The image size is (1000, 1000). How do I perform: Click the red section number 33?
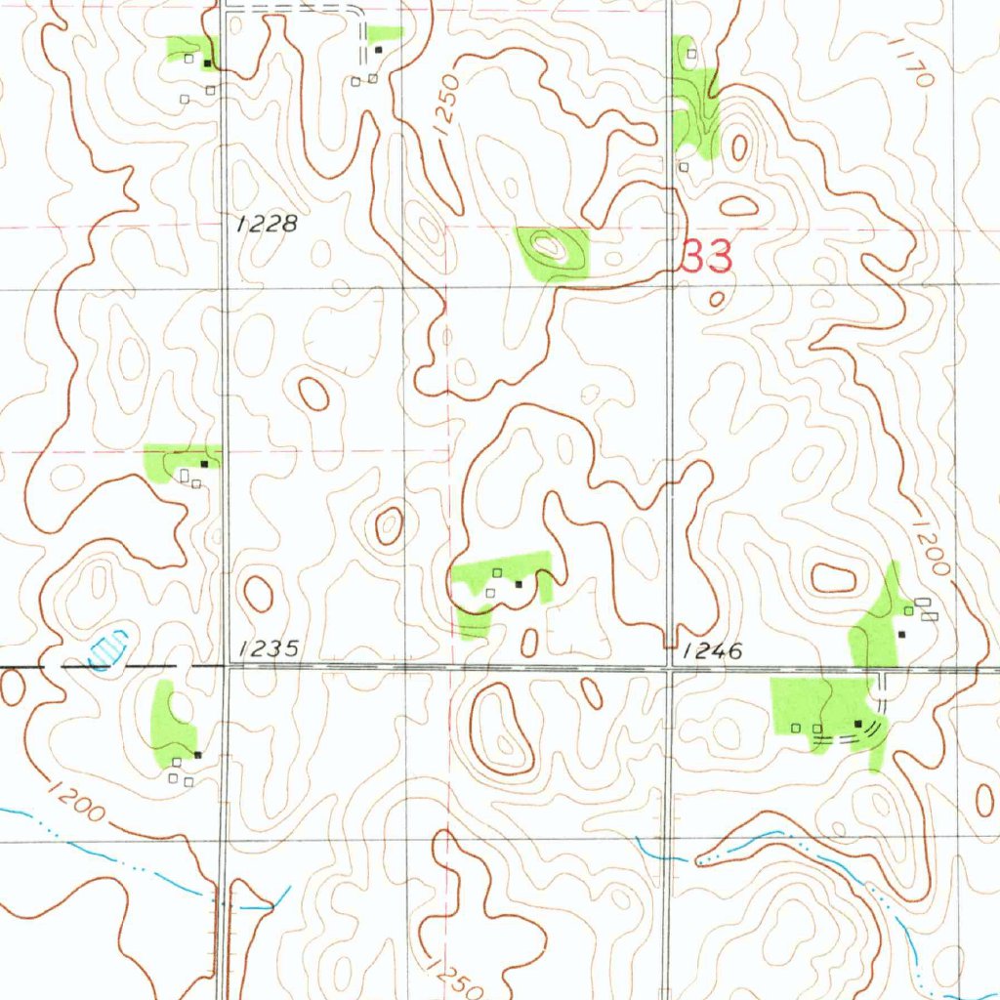pyautogui.click(x=706, y=258)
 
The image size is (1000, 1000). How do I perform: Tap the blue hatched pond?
pyautogui.click(x=109, y=648)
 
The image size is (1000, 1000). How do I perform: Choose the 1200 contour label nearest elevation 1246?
pyautogui.click(x=932, y=547)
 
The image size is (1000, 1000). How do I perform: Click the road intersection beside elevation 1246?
pyautogui.click(x=669, y=669)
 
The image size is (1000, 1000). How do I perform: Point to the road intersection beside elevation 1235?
pyautogui.click(x=224, y=667)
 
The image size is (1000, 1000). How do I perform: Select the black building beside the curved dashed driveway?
pyautogui.click(x=858, y=724)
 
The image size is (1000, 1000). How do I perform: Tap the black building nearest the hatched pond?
pyautogui.click(x=197, y=755)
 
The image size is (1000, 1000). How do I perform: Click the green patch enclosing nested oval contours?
pyautogui.click(x=553, y=252)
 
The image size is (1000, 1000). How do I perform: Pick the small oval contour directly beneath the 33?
pyautogui.click(x=717, y=299)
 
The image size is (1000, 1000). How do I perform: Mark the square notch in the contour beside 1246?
pyautogui.click(x=669, y=641)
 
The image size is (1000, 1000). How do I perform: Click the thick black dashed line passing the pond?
pyautogui.click(x=29, y=666)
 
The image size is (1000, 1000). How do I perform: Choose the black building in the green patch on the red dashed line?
pyautogui.click(x=203, y=462)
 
